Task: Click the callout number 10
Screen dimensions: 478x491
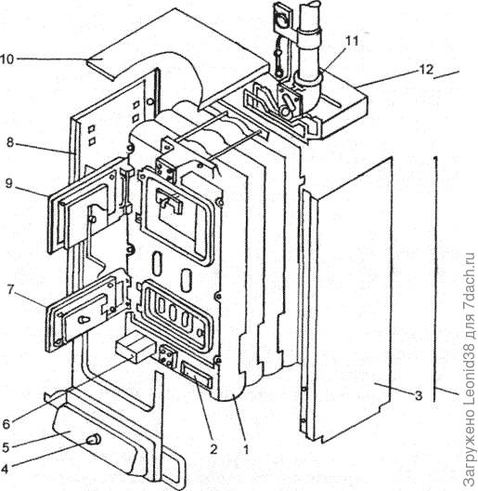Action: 6,60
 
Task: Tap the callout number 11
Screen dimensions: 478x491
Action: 352,41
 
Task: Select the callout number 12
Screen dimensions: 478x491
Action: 426,69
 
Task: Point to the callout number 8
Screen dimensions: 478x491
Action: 10,143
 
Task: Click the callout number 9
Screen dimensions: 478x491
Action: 8,183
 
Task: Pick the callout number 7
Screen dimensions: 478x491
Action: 10,290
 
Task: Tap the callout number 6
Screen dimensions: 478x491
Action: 6,424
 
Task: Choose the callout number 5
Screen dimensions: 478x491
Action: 6,447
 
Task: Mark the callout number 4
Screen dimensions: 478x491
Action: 5,469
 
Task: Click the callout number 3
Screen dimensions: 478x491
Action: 419,395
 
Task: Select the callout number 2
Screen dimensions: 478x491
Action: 213,450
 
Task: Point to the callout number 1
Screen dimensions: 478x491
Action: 247,450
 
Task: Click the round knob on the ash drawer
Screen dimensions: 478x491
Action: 94,440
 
